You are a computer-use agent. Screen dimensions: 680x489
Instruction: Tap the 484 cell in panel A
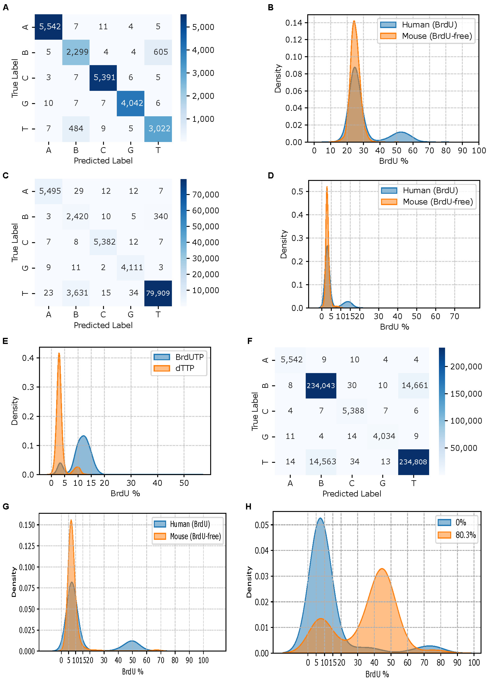coord(76,129)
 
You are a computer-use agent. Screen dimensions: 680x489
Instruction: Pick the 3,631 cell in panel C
coord(77,293)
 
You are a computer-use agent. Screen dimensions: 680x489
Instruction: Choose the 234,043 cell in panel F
coord(321,386)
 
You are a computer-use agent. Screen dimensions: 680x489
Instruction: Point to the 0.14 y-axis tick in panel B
coord(294,23)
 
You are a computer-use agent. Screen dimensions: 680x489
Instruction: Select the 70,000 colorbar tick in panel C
coord(205,195)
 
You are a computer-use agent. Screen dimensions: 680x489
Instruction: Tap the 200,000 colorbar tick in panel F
coord(466,366)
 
